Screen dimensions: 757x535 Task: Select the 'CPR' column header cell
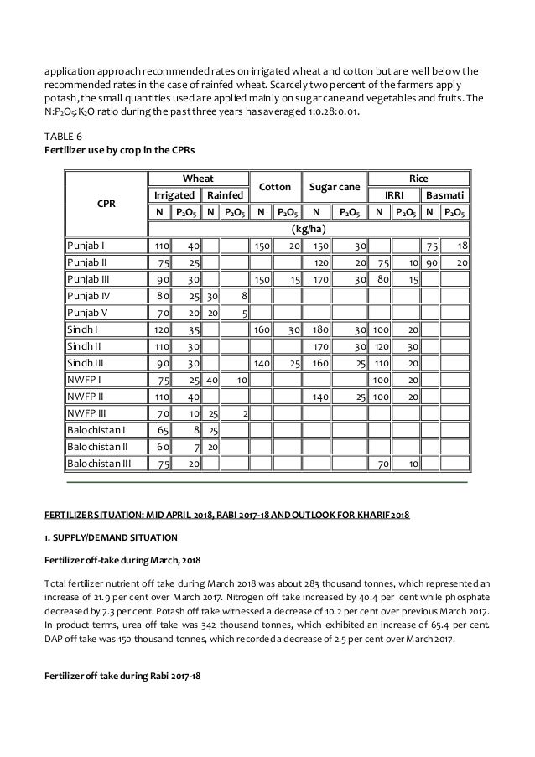tap(106, 204)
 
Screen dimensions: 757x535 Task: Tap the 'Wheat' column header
tap(198, 178)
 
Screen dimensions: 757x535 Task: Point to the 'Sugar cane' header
tap(335, 186)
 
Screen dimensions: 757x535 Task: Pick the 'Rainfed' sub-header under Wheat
tap(225, 194)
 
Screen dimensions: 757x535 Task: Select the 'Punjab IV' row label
tap(90, 295)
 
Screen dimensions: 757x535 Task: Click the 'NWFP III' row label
tap(88, 411)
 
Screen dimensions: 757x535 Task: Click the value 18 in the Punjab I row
tap(462, 246)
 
